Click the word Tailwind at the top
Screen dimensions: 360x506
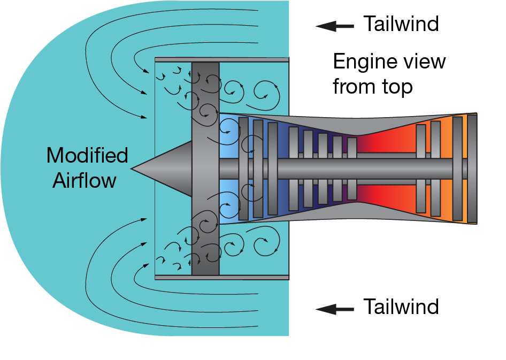tap(401, 24)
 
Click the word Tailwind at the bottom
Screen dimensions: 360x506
tap(401, 307)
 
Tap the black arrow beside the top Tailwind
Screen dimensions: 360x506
tap(334, 25)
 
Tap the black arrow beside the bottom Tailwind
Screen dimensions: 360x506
tap(334, 309)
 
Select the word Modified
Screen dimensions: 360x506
tap(87, 156)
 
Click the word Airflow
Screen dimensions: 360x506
tap(84, 180)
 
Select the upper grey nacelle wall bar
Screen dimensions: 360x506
tap(221, 59)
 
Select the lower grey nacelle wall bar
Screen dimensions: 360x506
tap(221, 278)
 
